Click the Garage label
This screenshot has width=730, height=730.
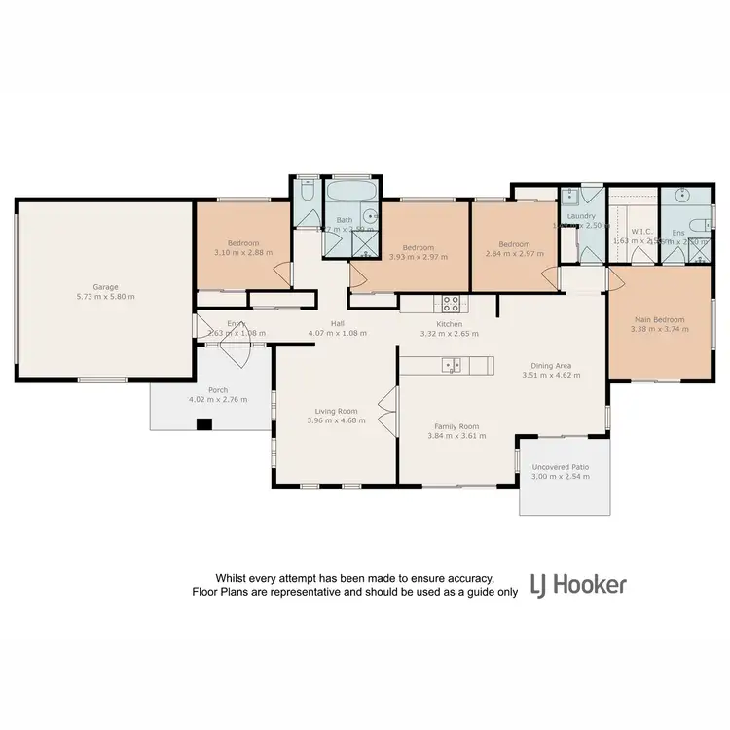tap(105, 286)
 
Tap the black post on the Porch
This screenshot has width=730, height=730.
tap(204, 423)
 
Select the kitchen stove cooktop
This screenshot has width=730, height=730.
tap(451, 302)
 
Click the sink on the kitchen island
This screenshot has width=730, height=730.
tap(451, 365)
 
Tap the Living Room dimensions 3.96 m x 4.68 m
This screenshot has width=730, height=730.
tap(336, 420)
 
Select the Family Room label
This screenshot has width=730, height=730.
tap(456, 426)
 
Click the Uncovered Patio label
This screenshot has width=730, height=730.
tap(560, 467)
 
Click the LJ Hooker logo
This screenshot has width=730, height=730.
tap(578, 585)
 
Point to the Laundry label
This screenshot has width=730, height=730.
tap(582, 216)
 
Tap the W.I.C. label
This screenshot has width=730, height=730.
tap(640, 232)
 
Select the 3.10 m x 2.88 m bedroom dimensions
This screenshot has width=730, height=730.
tap(241, 253)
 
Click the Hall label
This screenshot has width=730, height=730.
tap(338, 324)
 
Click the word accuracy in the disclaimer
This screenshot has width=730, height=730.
tap(475, 577)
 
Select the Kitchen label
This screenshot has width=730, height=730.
tap(449, 324)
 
